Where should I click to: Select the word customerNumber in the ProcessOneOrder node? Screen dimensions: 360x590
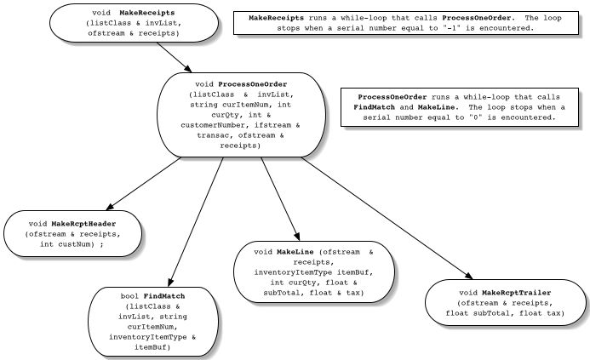[220, 126]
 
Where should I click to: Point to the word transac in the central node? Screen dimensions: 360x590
[215, 135]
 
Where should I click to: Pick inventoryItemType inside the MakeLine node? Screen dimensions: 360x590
[280, 273]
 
